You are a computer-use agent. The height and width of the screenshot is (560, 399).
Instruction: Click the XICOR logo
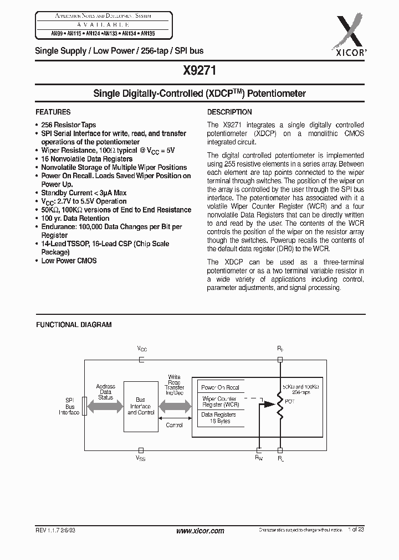pos(350,31)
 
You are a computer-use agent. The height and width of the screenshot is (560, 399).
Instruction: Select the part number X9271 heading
pos(199,71)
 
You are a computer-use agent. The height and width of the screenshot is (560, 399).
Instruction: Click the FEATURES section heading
pos(53,112)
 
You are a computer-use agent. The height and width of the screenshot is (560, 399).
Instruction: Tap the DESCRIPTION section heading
pos(229,112)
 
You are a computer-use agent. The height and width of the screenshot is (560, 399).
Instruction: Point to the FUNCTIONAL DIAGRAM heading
pos(74,325)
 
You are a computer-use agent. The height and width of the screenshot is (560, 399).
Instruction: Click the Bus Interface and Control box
pos(141,406)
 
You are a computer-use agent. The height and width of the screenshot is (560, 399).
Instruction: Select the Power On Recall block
pos(221,387)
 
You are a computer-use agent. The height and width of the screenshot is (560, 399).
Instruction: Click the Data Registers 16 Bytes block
pos(218,418)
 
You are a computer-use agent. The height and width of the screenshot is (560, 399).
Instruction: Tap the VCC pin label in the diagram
pos(142,349)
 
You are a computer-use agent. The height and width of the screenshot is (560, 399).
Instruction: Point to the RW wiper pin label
pos(259,458)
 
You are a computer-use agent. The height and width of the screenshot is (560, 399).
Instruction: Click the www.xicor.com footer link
pos(199,531)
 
